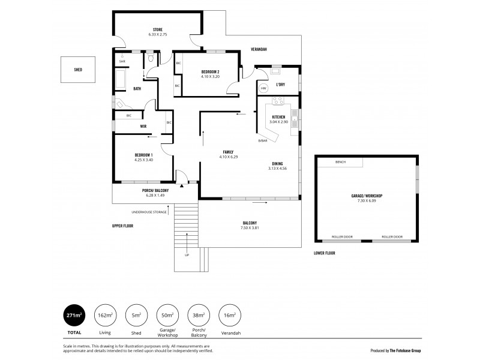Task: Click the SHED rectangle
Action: [x=78, y=70]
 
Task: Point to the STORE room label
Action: [x=157, y=29]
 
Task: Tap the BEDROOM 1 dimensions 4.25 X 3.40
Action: [x=143, y=160]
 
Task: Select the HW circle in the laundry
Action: [x=263, y=89]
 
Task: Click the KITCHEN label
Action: [x=278, y=117]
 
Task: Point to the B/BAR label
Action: [x=263, y=140]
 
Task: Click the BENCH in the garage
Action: [x=340, y=162]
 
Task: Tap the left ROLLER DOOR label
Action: [x=343, y=236]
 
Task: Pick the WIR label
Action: [x=143, y=127]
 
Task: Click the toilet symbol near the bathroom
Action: [x=150, y=59]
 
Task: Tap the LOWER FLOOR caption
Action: [x=325, y=253]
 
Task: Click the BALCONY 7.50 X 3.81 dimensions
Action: [x=250, y=227]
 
